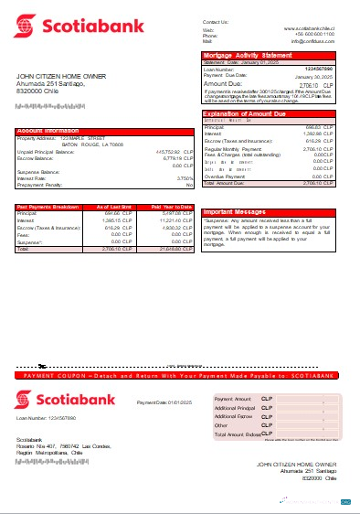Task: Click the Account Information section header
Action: click(46, 131)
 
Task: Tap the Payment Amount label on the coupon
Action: click(231, 400)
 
